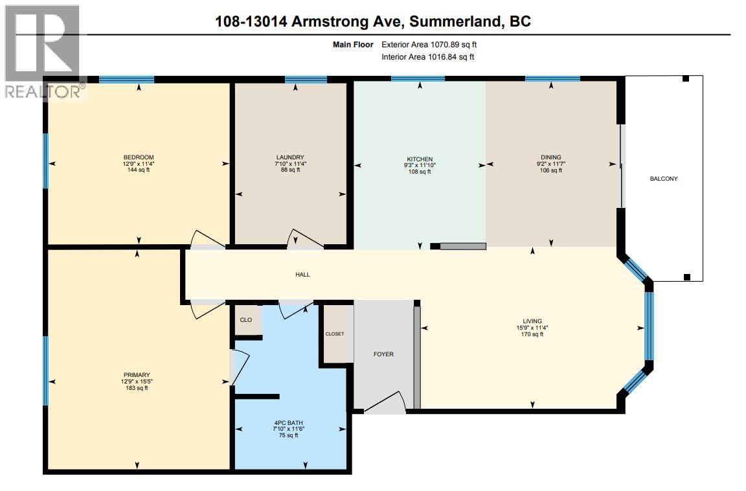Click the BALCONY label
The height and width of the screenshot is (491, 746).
tap(664, 178)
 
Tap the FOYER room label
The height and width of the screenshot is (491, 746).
tap(383, 354)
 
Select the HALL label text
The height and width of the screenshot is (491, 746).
tap(302, 275)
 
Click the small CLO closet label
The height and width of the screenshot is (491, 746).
tap(245, 320)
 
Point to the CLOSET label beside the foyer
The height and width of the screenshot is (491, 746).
tap(335, 334)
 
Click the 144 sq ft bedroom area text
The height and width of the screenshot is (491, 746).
tap(139, 170)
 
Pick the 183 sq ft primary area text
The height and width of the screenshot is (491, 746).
tap(137, 388)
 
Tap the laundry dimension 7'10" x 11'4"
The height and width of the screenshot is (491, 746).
tap(289, 164)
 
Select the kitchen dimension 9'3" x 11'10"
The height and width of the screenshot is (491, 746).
tap(419, 166)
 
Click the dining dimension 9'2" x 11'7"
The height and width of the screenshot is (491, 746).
tap(551, 164)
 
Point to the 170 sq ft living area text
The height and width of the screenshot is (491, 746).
tap(532, 334)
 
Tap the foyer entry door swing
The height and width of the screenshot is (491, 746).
tap(387, 402)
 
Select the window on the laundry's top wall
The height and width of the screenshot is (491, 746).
tap(306, 80)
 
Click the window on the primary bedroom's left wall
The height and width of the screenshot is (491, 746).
tap(45, 371)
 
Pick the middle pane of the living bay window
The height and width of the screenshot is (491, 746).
tap(648, 325)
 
